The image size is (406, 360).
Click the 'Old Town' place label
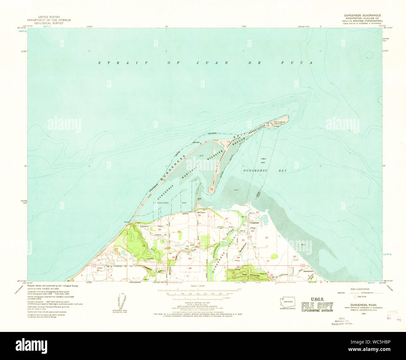point(200,212)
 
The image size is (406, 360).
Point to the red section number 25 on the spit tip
point(212,189)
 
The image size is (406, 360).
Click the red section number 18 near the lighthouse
point(267,125)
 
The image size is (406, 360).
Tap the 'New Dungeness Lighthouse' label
point(280,123)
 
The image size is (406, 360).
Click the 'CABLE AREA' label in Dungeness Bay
point(263,161)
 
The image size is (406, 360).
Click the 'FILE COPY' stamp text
point(317,305)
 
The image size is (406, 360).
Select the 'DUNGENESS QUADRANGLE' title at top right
point(362,15)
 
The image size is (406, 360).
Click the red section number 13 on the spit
point(228,141)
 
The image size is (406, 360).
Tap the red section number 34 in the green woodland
point(143,246)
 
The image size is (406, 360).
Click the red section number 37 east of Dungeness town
point(266,238)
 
